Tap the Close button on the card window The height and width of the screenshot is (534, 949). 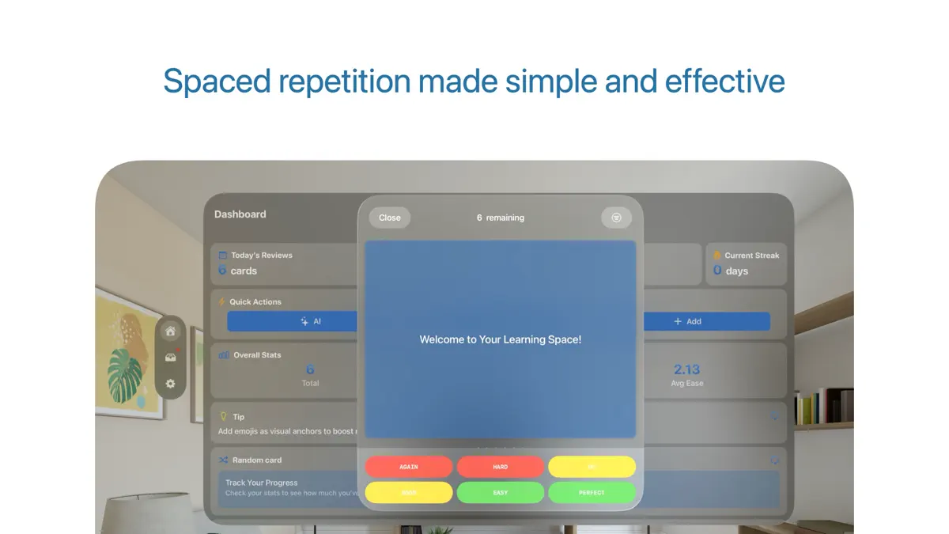[390, 218]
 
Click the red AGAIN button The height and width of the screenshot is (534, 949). [409, 467]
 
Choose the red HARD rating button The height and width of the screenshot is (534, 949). [501, 467]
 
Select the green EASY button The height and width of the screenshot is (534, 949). [501, 493]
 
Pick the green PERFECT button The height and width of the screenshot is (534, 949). [592, 493]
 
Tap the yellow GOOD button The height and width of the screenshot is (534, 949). [409, 493]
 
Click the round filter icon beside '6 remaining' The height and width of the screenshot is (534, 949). [617, 218]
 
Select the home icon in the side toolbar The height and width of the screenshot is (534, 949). [170, 331]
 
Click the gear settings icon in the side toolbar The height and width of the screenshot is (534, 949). [170, 384]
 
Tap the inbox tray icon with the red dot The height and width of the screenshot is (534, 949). [170, 358]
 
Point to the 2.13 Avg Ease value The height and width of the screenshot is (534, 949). [686, 369]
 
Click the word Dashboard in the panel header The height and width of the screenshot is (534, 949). [240, 214]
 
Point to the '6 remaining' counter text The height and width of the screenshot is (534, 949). [500, 218]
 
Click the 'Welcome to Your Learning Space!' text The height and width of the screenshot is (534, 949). [500, 339]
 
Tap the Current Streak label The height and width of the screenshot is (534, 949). [751, 256]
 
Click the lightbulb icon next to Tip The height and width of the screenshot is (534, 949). [223, 416]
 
